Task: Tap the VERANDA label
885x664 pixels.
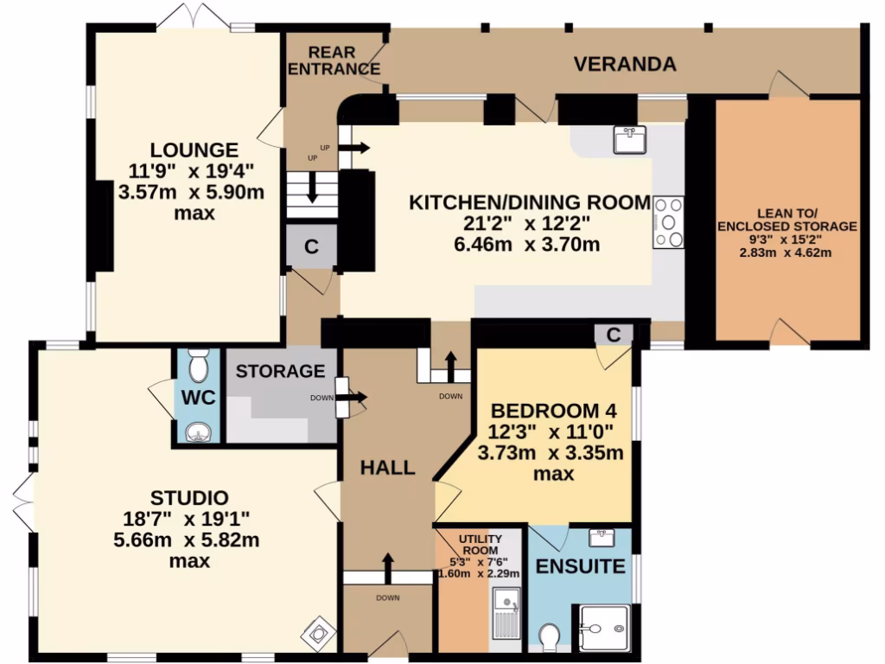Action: (625, 64)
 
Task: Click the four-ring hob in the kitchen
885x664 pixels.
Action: (668, 222)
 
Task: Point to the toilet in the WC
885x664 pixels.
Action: (198, 367)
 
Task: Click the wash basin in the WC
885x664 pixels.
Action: (198, 431)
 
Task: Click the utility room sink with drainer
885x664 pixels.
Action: (507, 610)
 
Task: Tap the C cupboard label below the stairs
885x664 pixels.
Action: (311, 246)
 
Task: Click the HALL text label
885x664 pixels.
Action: (387, 468)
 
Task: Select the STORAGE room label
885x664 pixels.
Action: (280, 372)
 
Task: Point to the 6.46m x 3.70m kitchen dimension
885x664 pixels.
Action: (529, 245)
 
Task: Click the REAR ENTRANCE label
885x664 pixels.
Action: (333, 61)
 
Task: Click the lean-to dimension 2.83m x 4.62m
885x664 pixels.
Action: (786, 252)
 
